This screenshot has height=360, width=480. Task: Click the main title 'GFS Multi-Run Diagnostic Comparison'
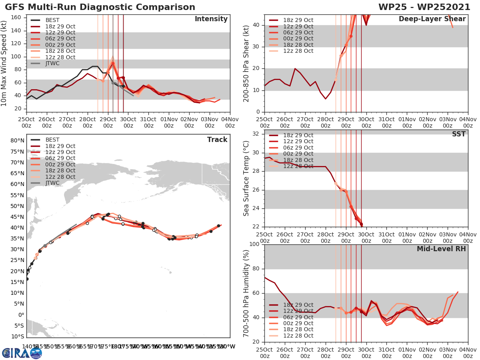100,7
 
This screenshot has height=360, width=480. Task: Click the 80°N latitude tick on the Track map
16,140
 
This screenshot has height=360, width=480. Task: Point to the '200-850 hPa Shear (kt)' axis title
246,63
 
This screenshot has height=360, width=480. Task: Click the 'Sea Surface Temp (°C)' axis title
246,178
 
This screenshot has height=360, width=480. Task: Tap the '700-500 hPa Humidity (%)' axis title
246,293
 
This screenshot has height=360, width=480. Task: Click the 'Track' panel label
217,140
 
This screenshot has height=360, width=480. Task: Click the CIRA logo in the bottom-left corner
22,353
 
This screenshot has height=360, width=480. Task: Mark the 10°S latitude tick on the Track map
16,336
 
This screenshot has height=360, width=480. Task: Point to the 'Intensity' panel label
211,19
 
